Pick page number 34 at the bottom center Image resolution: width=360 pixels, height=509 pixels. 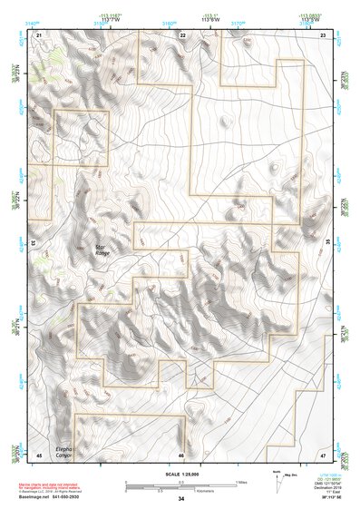[180, 500]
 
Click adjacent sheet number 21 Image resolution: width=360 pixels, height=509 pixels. [39, 34]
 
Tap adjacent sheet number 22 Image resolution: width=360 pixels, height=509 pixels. [181, 34]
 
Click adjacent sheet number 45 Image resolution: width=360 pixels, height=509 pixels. [39, 454]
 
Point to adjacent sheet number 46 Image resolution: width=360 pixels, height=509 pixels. [181, 454]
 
